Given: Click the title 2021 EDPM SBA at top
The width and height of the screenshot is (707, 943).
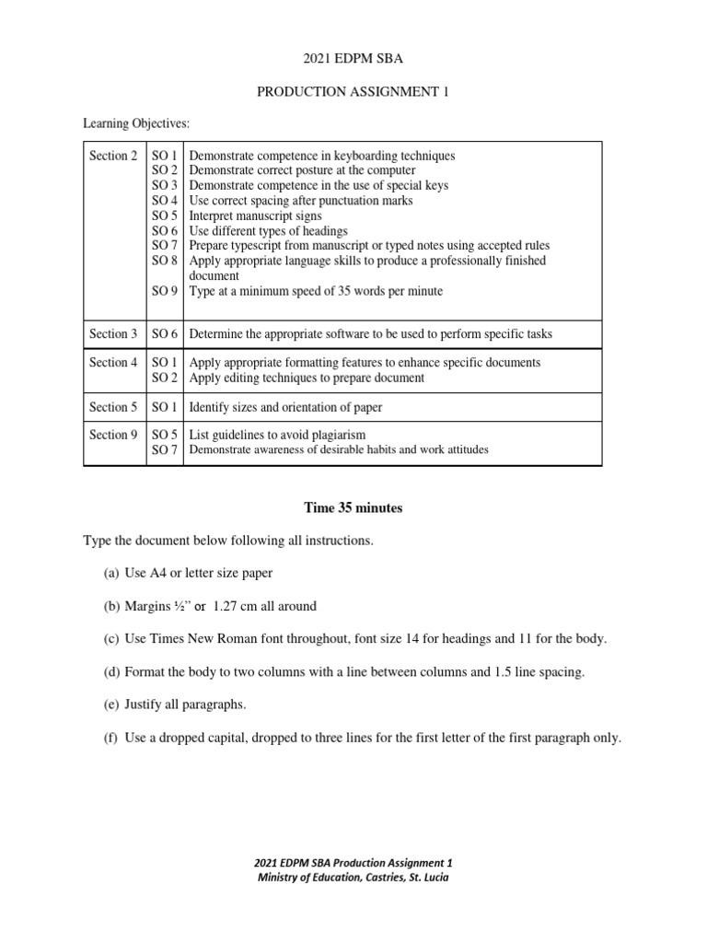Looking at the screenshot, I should tap(353, 60).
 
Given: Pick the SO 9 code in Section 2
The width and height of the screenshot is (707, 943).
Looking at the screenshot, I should tap(164, 291).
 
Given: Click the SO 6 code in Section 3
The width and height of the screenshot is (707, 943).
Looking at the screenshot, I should tap(164, 333).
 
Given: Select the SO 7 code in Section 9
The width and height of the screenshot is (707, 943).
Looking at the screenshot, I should tap(164, 450).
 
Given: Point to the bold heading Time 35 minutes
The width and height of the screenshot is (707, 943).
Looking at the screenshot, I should tap(353, 507).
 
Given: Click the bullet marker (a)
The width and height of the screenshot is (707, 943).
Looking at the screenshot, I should tap(111, 573).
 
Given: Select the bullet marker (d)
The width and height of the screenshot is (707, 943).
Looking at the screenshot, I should tap(111, 672).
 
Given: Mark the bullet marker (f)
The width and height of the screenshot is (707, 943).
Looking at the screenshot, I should tap(111, 738).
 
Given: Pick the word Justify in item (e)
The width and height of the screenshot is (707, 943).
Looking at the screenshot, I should tap(144, 705).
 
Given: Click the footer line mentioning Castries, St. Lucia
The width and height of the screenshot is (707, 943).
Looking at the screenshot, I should tap(353, 877).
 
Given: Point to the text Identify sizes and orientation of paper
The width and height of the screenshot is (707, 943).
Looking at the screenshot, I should tap(285, 407).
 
